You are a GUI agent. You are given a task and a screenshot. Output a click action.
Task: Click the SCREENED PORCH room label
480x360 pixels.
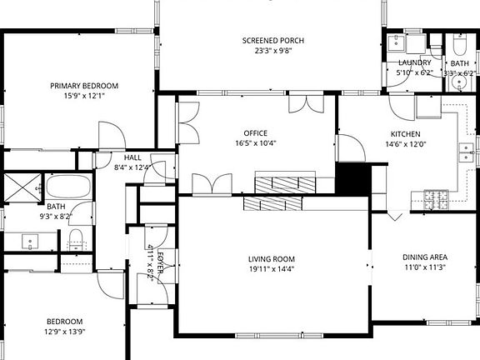point(272,41)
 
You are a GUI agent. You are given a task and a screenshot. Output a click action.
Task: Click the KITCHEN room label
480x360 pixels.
point(405,134)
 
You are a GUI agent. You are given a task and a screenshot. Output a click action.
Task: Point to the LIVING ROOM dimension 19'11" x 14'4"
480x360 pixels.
point(272,268)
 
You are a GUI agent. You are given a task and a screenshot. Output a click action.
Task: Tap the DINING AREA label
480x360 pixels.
point(426,257)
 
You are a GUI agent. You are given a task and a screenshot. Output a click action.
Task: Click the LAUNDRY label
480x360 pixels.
point(414,62)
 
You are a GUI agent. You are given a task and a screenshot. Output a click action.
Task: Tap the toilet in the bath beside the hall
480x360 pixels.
point(76,239)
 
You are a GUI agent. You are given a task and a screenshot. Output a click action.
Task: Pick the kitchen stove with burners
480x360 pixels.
point(437,198)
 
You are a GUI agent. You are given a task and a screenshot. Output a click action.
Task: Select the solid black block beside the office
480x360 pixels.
point(351,177)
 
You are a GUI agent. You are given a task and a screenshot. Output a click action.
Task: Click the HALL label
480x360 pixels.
point(132,157)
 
